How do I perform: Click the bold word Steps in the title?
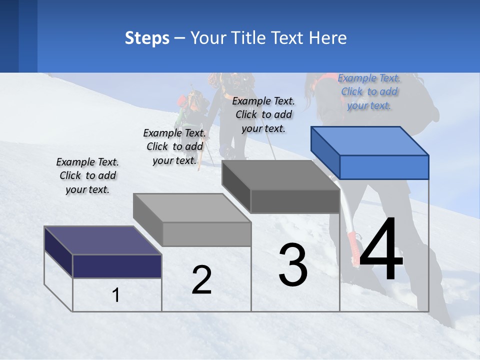pos(147,38)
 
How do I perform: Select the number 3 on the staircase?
pos(293,265)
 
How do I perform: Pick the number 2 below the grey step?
pos(201,280)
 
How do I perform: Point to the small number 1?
pos(116,295)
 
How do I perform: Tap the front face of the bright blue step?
pos(384,167)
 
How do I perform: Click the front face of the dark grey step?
pos(295,201)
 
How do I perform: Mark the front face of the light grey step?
pos(206,234)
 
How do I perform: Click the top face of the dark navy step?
pos(103,240)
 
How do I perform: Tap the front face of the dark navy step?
pos(117,266)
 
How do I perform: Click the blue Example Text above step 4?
pos(369,91)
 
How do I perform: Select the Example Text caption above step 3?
pos(263,114)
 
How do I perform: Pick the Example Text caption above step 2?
pos(174,146)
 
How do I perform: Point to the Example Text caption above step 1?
pos(87,175)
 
